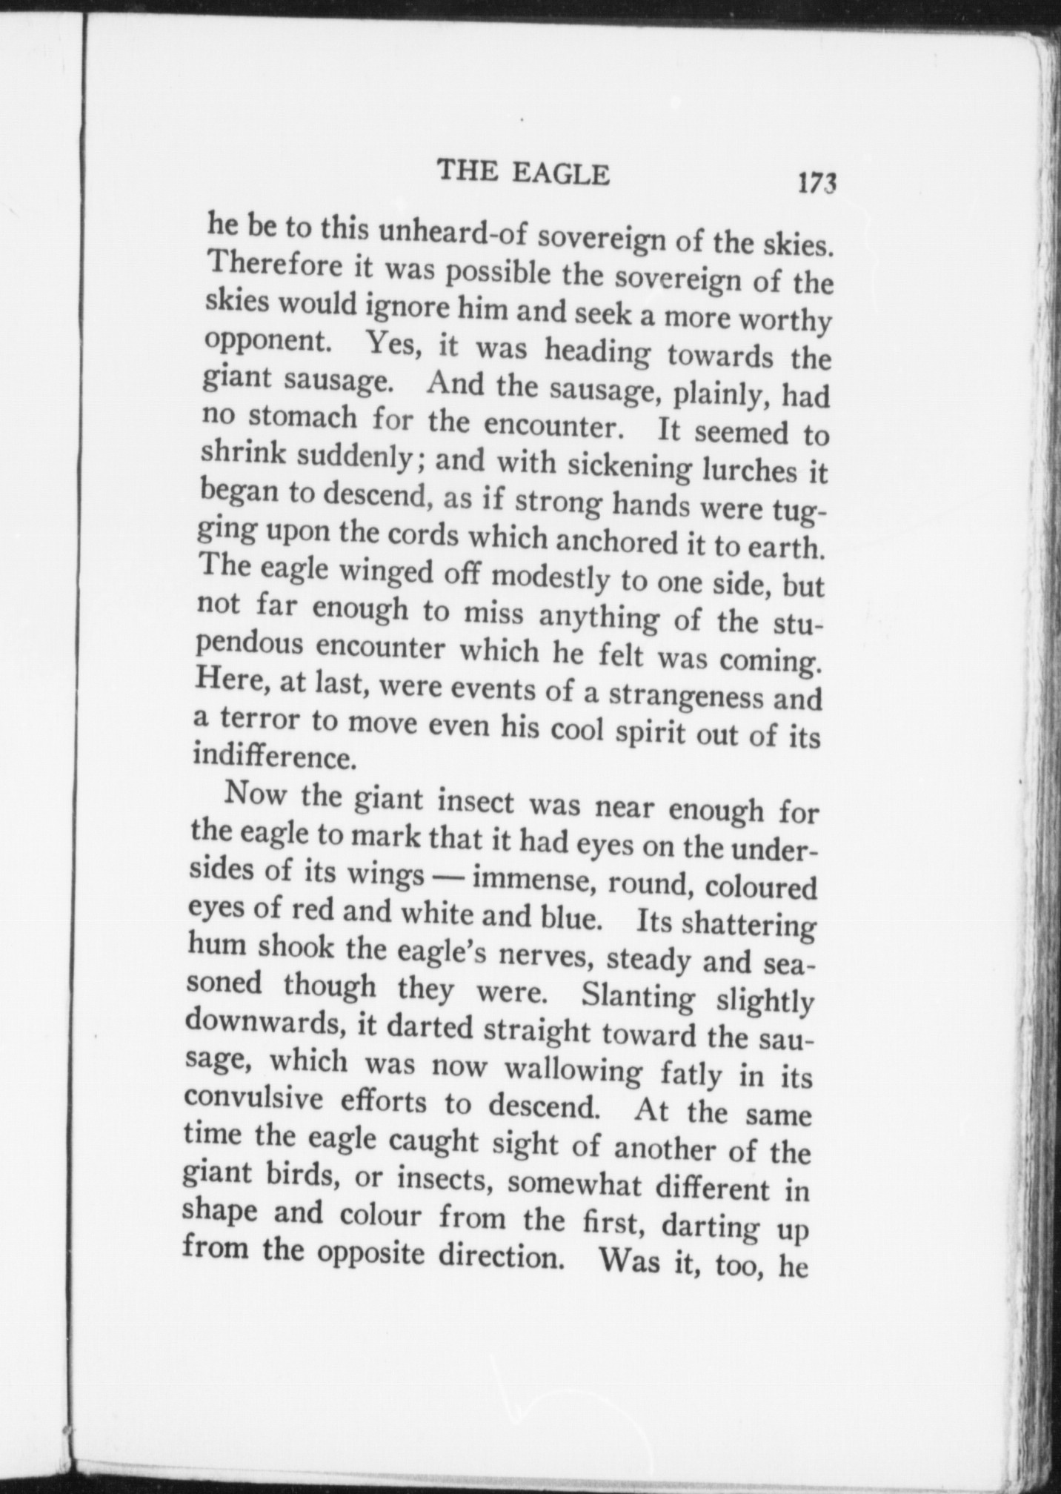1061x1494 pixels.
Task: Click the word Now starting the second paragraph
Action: (x=256, y=794)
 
